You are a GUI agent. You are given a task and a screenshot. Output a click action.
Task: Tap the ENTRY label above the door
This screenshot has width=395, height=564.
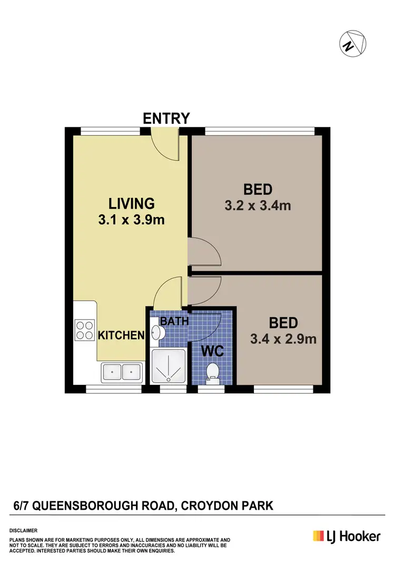tap(166, 118)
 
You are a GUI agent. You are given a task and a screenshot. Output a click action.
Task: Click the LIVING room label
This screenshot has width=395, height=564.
tap(131, 203)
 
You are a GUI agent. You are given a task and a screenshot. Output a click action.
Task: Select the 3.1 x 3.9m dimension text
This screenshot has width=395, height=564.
tap(131, 220)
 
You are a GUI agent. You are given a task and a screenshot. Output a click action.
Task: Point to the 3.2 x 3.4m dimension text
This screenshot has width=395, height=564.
tap(258, 205)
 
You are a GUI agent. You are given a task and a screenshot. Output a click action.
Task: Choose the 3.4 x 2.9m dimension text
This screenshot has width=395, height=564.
tap(283, 339)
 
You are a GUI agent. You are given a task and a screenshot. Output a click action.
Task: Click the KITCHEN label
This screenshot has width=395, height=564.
tap(121, 335)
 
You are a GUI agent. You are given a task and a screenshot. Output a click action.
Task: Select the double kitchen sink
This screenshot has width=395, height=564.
tap(122, 372)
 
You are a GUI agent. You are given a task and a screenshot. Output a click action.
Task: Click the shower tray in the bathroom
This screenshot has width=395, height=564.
tap(169, 366)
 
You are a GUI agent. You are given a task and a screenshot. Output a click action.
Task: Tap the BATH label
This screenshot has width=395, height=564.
tap(174, 321)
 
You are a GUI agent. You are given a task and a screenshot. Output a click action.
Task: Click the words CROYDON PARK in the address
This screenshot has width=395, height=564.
tap(227, 506)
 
